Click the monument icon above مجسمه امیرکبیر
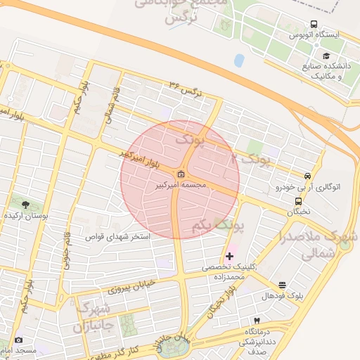pos(181,174)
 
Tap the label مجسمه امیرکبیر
pos(181,184)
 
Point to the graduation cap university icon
pos(325,56)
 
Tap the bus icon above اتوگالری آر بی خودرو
pos(307,176)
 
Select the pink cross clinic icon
pos(229,256)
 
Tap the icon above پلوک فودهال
pos(282,285)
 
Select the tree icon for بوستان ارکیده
pos(26,205)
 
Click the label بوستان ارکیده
pos(25,217)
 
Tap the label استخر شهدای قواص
pos(117,237)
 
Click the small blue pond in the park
pos(239,60)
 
